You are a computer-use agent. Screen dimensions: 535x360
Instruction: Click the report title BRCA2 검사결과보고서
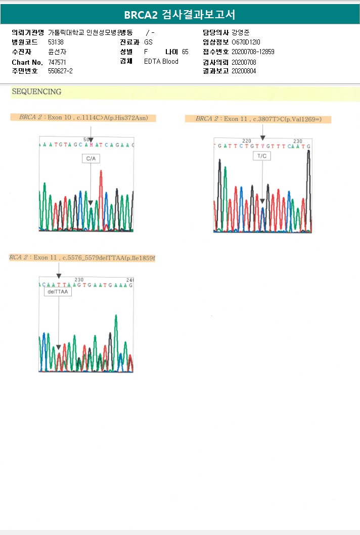(179, 15)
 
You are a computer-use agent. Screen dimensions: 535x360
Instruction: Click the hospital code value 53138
(56, 42)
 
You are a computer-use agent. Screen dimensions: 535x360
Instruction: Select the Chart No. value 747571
(57, 62)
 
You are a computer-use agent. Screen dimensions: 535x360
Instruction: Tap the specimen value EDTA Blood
(161, 61)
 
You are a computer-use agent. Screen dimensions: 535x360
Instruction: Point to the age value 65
(185, 52)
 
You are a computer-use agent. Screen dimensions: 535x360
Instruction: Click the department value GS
(148, 42)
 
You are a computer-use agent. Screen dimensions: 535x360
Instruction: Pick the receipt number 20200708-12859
(253, 52)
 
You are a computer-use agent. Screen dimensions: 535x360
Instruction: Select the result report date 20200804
(244, 71)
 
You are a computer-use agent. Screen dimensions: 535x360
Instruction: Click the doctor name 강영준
(240, 32)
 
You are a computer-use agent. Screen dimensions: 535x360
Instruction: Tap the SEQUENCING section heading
(36, 92)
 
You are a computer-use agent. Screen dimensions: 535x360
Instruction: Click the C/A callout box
(91, 159)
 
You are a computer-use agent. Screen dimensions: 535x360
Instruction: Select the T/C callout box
(262, 156)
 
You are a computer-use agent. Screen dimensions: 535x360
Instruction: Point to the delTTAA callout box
(58, 292)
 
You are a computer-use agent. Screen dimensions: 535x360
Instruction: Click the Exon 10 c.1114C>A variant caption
(83, 118)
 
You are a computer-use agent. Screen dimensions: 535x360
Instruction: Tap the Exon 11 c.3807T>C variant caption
(263, 119)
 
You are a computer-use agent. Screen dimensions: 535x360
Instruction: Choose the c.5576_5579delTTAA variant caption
(82, 258)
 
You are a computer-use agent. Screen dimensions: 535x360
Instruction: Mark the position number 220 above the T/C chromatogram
(247, 141)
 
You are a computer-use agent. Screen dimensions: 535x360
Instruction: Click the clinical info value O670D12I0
(246, 42)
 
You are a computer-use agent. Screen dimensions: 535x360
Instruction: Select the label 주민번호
(25, 71)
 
